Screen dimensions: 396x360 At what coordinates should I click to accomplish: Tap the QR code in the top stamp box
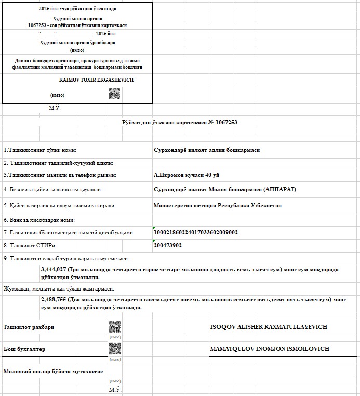[114, 94]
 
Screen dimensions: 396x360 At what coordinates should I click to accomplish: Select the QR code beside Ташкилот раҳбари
[115, 327]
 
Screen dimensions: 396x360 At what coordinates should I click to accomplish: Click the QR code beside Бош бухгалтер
[115, 349]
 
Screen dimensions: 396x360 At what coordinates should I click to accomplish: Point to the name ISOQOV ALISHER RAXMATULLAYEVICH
[269, 327]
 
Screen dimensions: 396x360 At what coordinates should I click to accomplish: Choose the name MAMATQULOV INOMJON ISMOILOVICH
[270, 349]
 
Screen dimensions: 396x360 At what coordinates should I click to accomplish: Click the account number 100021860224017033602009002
[196, 233]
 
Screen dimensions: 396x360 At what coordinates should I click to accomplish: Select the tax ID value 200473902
[168, 245]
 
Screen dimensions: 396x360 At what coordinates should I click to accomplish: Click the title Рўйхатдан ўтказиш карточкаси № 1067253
[180, 122]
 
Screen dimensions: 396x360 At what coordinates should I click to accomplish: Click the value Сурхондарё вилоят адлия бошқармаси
[207, 150]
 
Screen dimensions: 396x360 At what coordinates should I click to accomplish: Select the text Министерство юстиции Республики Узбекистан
[218, 205]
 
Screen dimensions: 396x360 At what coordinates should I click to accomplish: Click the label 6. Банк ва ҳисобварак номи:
[39, 220]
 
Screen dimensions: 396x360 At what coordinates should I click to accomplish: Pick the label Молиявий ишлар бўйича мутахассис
[53, 372]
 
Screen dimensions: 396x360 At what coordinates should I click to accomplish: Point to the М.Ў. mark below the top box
[55, 108]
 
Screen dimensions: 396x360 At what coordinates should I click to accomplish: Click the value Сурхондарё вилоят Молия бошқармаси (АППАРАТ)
[224, 190]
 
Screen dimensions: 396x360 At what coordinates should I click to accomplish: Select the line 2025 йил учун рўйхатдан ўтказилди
[77, 9]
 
